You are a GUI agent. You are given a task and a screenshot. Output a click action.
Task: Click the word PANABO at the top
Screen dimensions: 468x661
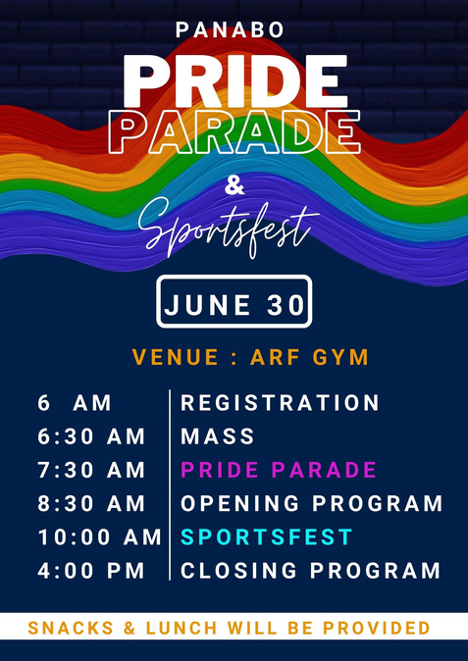230,30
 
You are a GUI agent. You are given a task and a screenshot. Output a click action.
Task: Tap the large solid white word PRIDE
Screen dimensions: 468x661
234,81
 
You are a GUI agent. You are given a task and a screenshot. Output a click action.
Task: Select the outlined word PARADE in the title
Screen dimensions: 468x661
234,132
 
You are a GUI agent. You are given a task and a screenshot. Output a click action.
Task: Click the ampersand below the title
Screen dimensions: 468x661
234,185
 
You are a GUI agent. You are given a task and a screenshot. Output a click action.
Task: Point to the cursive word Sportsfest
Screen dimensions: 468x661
228,228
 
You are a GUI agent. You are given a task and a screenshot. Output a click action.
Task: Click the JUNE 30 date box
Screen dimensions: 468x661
234,301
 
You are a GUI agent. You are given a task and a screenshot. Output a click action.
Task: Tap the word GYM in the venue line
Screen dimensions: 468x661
340,358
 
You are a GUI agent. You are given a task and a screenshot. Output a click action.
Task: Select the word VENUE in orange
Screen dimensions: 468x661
175,358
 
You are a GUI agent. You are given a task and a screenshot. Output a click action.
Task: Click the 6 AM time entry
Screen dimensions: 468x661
75,403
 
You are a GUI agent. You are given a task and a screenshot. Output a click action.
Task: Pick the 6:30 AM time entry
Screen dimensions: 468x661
91,436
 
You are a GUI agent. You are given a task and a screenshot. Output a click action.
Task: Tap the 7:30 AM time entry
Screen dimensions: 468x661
91,470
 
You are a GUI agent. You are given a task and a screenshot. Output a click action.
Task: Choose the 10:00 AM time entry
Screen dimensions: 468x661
99,537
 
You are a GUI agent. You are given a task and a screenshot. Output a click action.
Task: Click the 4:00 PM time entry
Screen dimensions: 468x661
91,571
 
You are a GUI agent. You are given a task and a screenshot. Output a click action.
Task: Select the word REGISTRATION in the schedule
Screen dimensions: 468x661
280,403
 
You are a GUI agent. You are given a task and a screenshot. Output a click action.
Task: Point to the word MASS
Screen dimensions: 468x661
218,436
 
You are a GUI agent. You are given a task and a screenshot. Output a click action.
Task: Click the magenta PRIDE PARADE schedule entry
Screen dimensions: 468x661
279,470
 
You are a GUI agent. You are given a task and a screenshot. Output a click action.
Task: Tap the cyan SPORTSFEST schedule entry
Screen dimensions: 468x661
266,537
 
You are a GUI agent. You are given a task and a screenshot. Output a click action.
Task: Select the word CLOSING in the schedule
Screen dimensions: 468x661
239,571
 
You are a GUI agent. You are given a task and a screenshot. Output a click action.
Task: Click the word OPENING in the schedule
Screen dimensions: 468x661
240,504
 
